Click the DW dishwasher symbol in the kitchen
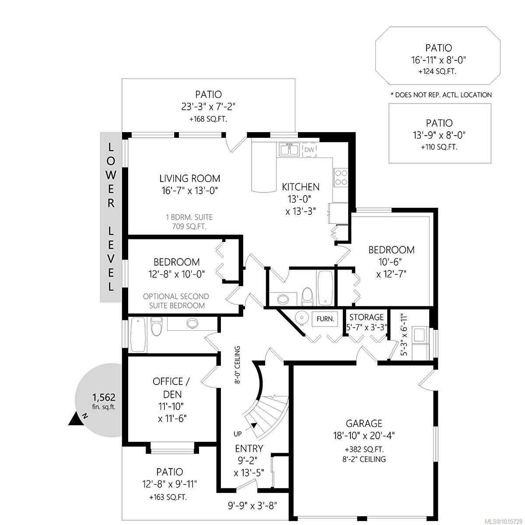[309, 150]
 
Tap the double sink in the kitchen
[288, 150]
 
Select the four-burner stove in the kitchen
[341, 177]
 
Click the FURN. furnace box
[325, 319]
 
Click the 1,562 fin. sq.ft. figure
[104, 401]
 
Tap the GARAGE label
[364, 423]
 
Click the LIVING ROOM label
[189, 178]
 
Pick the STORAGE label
[366, 317]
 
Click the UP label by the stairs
[238, 434]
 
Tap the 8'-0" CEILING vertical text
[238, 364]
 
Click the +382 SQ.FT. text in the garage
[364, 449]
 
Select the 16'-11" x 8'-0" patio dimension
[439, 60]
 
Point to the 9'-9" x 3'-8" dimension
[252, 505]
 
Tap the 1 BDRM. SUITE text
[189, 217]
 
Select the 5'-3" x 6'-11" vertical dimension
[404, 335]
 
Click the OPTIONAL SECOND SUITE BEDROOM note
[176, 301]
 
